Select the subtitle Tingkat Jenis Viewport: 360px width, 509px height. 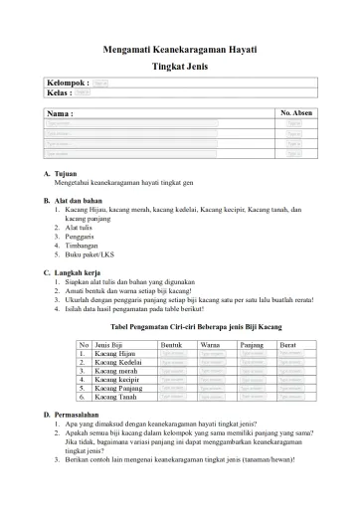coord(179,64)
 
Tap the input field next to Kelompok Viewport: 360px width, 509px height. coord(101,84)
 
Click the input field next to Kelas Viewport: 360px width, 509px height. coord(84,92)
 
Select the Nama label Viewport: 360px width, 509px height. coord(61,115)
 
